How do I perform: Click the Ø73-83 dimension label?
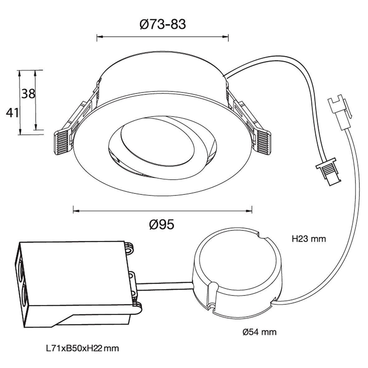pos(162,24)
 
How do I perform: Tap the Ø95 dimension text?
pos(162,225)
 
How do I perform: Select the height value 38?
pos(28,94)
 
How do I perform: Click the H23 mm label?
pos(309,239)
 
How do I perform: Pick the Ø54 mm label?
pos(260,332)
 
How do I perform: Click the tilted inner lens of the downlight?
pos(157,142)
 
